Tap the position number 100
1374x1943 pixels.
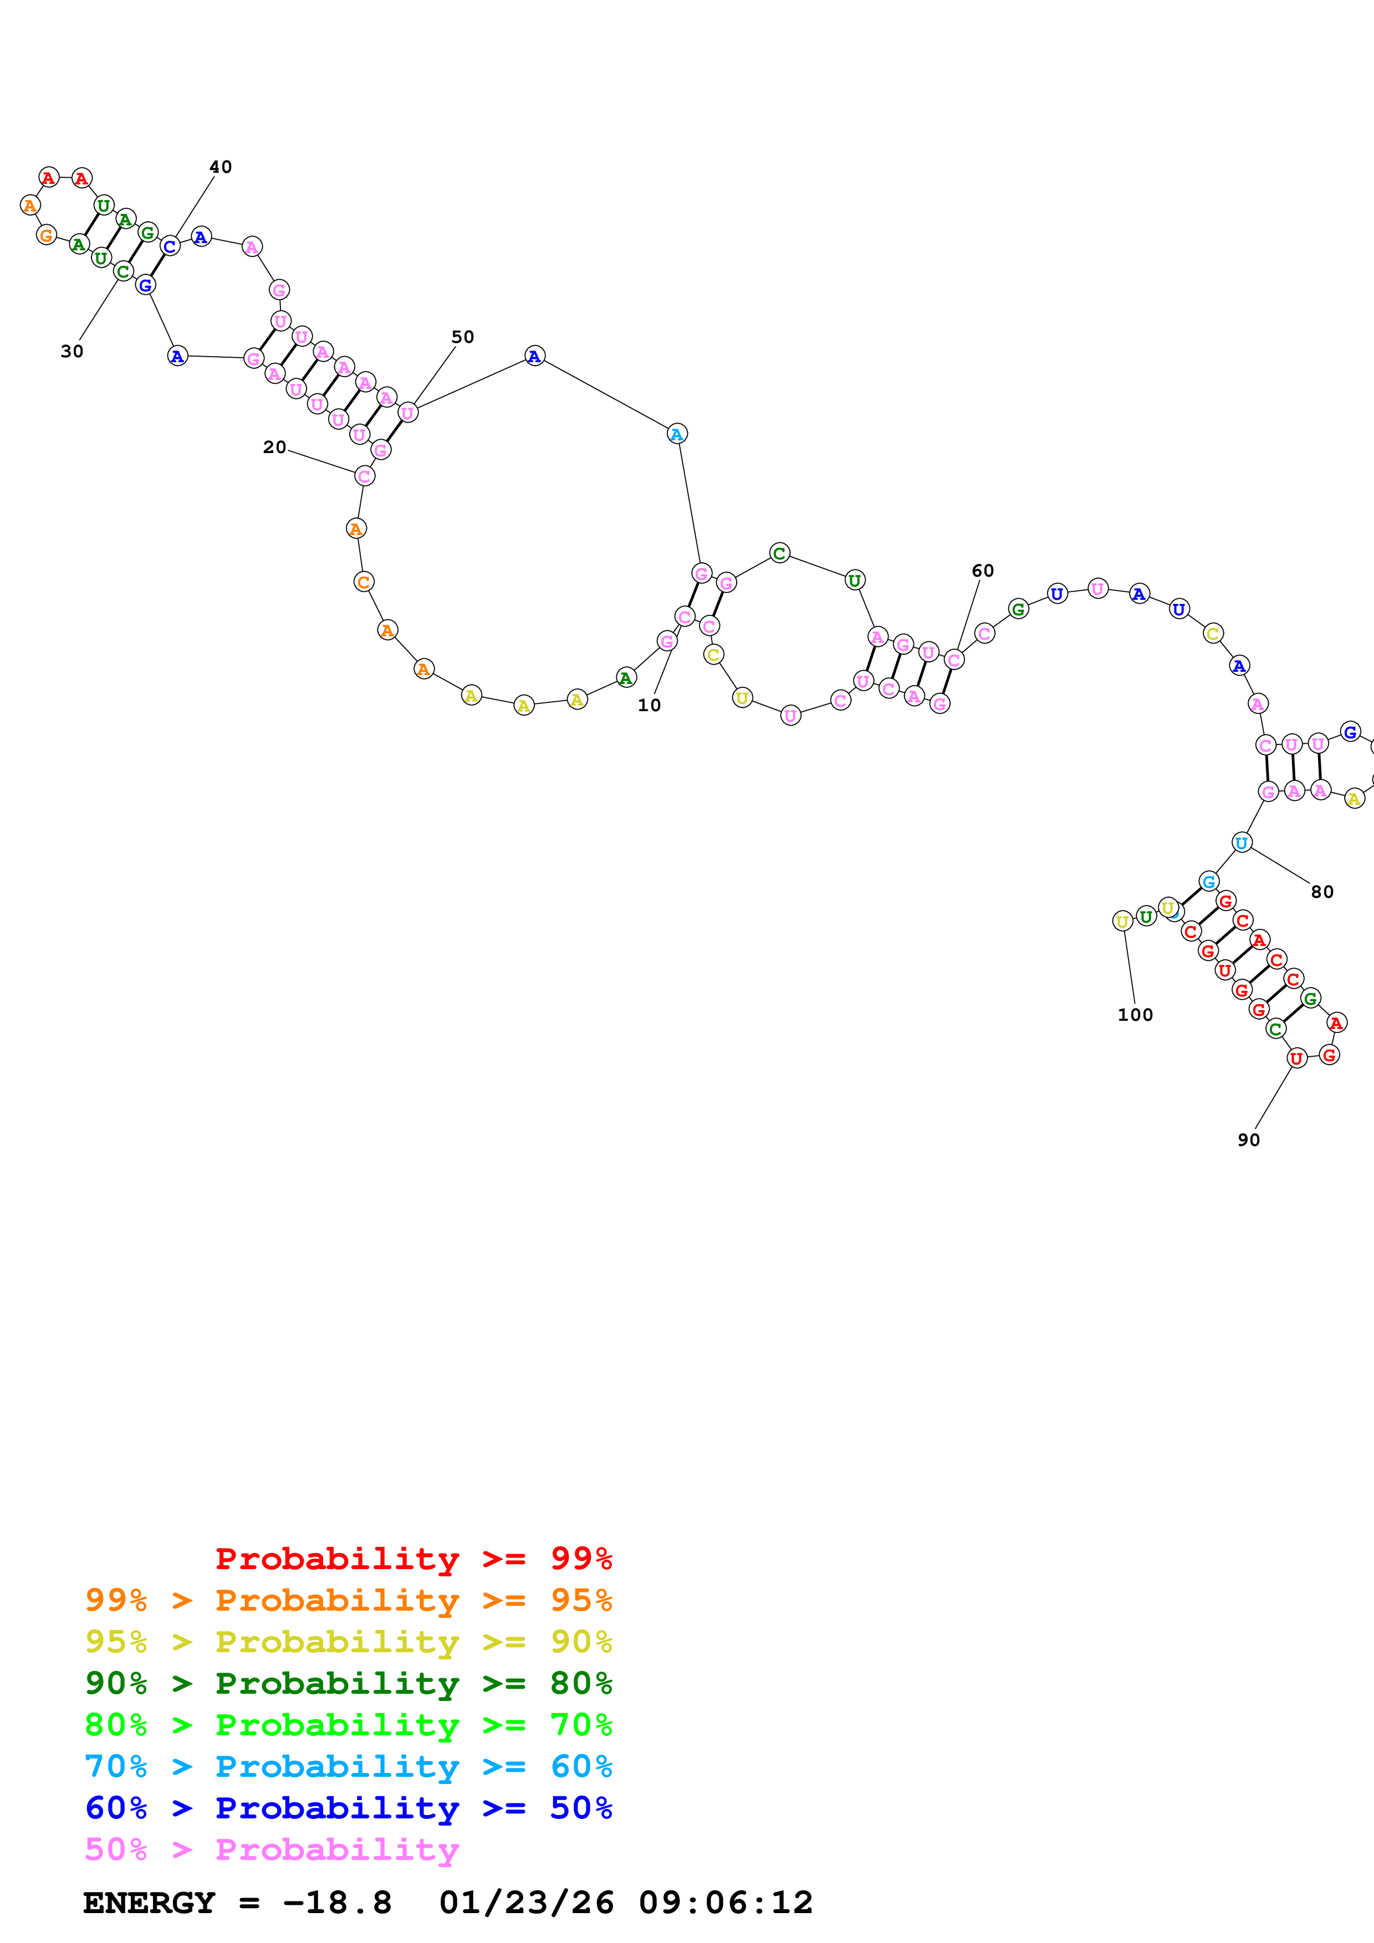[1135, 1015]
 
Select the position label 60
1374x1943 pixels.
[982, 570]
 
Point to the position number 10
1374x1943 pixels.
[648, 705]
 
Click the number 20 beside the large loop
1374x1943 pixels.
[274, 447]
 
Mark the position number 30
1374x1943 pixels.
[72, 351]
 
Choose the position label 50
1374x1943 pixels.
[462, 337]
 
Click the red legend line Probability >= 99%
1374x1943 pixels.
[413, 1559]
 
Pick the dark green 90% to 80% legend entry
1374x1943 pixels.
[348, 1683]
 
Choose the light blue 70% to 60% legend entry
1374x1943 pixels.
[348, 1766]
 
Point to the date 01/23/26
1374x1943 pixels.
[526, 1903]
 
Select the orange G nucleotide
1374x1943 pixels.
[47, 235]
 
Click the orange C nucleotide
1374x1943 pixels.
[363, 582]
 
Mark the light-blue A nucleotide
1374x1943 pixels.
[676, 434]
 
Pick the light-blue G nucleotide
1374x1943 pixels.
[1208, 882]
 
